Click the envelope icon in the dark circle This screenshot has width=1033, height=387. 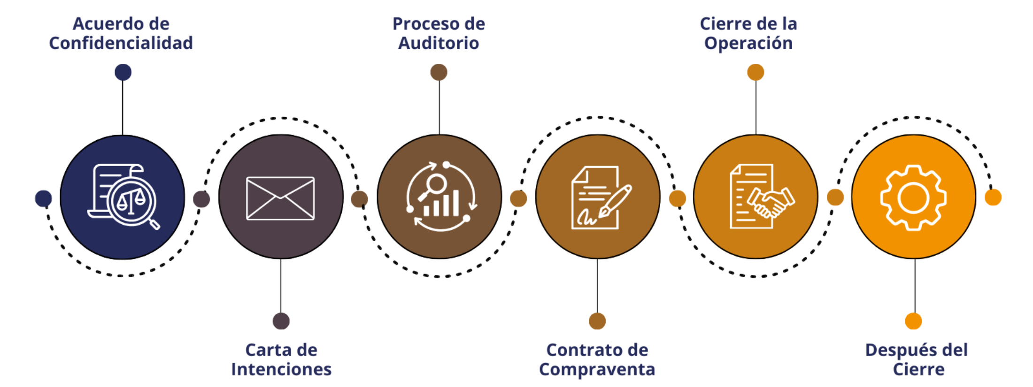(x=280, y=198)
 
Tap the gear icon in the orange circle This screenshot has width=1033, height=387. (x=913, y=197)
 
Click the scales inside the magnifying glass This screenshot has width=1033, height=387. (x=131, y=202)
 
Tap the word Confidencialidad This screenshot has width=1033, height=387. (x=121, y=43)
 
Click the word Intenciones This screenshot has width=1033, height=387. (x=281, y=369)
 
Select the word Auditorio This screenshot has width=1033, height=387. (x=439, y=43)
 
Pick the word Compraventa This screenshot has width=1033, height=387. (x=597, y=370)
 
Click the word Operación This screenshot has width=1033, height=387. (x=748, y=43)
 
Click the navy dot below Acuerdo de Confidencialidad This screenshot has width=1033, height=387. (x=123, y=72)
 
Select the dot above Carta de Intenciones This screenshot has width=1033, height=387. (x=281, y=321)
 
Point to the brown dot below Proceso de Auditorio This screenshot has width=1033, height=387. (x=439, y=72)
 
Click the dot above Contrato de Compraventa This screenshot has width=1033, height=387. (x=597, y=321)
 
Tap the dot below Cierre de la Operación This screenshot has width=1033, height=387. (x=755, y=72)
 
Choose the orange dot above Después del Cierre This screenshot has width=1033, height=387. (x=913, y=321)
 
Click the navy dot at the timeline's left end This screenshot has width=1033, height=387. (x=44, y=198)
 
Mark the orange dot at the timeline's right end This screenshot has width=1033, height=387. (x=993, y=197)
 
